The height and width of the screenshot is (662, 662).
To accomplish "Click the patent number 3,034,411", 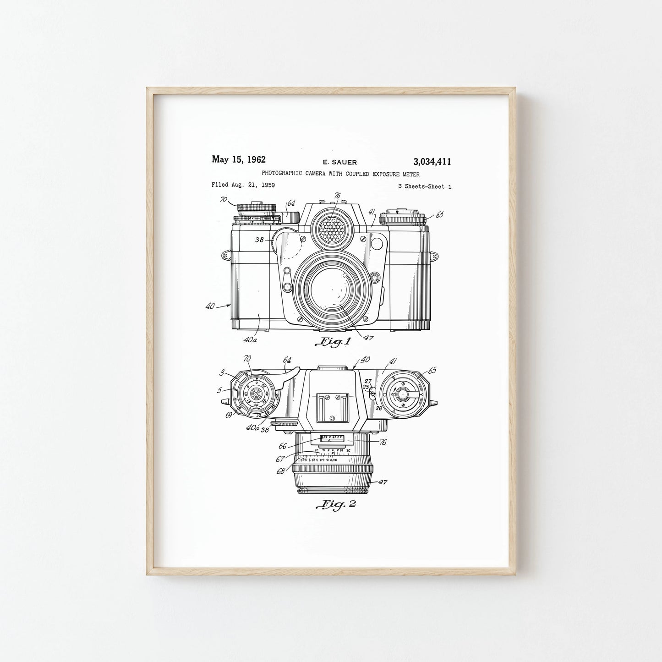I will click(x=432, y=161).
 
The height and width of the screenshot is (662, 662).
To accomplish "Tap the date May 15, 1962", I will click(x=238, y=159).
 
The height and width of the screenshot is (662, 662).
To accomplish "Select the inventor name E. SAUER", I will click(x=339, y=162).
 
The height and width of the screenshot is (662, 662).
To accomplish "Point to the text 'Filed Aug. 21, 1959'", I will click(x=243, y=185).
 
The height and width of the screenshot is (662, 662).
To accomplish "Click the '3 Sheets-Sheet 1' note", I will click(x=425, y=186).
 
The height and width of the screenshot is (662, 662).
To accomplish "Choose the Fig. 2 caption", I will click(x=335, y=504).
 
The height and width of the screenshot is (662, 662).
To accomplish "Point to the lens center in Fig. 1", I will click(x=333, y=290).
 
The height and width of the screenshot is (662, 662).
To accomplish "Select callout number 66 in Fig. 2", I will click(x=283, y=445).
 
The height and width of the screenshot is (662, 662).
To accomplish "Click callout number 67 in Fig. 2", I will click(x=280, y=459).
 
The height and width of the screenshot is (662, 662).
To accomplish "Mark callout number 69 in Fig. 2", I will click(x=229, y=415).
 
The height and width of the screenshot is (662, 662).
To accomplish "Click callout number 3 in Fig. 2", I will click(x=222, y=373).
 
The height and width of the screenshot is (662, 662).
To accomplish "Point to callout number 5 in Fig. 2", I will click(x=219, y=390).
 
